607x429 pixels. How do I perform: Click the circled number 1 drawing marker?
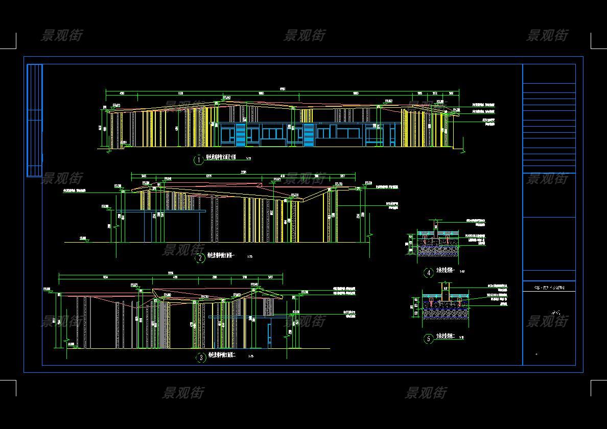tap(198, 160)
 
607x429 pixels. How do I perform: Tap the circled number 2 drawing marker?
tap(200, 258)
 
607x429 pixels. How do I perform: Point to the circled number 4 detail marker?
tap(429, 273)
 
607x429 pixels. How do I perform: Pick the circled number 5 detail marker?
tap(429, 338)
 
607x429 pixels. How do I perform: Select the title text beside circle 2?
tap(221, 256)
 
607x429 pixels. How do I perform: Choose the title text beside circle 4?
tap(446, 271)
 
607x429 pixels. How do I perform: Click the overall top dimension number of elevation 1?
tap(283, 89)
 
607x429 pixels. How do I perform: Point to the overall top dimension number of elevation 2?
tap(243, 173)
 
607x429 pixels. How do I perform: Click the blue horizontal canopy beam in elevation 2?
tap(161, 211)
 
